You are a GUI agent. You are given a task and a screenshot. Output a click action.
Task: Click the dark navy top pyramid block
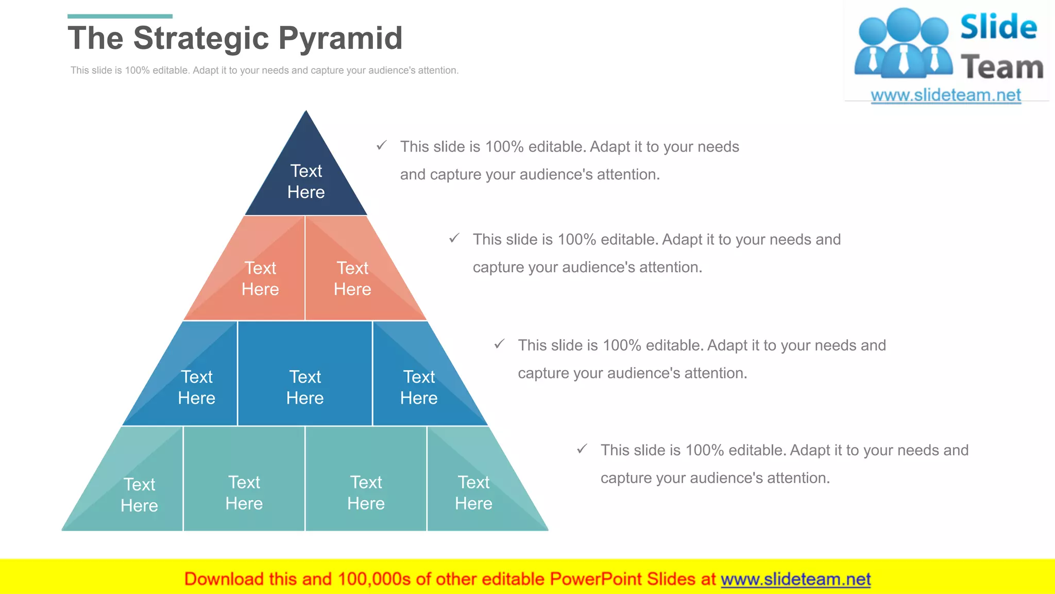pyautogui.click(x=306, y=180)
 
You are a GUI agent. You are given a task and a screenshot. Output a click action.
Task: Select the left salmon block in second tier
pyautogui.click(x=260, y=278)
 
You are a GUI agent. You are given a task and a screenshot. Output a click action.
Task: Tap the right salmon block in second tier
pyautogui.click(x=352, y=278)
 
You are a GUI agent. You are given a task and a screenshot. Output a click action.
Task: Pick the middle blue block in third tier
pyautogui.click(x=305, y=387)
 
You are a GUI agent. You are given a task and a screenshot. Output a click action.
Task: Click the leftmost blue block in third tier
pyautogui.click(x=197, y=387)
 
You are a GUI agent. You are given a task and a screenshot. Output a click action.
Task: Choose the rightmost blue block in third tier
pyautogui.click(x=419, y=387)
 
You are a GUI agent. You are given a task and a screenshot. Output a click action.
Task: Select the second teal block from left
pyautogui.click(x=244, y=492)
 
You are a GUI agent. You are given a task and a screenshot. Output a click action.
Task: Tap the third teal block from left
pyautogui.click(x=366, y=492)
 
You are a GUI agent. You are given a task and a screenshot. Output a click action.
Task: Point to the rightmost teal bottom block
pyautogui.click(x=473, y=492)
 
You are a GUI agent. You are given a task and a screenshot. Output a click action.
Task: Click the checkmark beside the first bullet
pyautogui.click(x=381, y=145)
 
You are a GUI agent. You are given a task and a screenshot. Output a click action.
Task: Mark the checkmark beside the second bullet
pyautogui.click(x=454, y=238)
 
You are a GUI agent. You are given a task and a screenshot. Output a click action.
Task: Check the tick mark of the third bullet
pyautogui.click(x=499, y=344)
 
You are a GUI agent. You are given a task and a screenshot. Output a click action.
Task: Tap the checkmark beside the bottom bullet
pyautogui.click(x=582, y=449)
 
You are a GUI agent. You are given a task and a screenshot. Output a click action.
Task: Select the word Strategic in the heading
pyautogui.click(x=201, y=39)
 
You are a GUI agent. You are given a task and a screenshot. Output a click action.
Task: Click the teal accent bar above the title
pyautogui.click(x=120, y=16)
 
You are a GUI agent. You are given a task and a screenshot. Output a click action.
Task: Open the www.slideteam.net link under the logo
pyautogui.click(x=945, y=95)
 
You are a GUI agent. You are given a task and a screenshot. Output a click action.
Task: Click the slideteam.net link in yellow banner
pyautogui.click(x=795, y=579)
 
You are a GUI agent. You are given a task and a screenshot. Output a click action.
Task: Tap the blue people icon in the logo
pyautogui.click(x=903, y=44)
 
